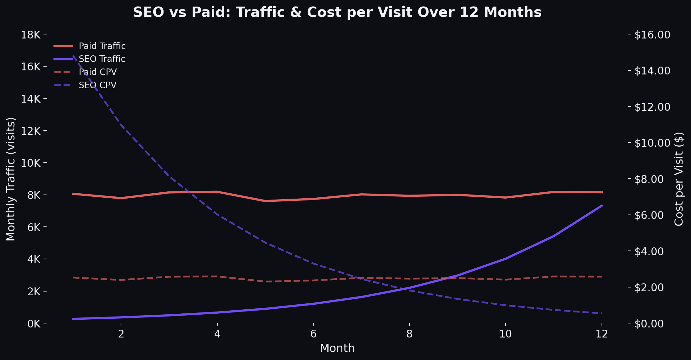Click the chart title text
point(337,13)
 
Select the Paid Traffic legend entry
point(102,46)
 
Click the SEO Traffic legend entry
point(102,59)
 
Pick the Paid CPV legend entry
point(98,72)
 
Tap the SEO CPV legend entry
point(98,85)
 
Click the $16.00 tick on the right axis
point(652,35)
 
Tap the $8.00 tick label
point(649,179)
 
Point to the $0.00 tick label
point(649,323)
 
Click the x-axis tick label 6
point(313,334)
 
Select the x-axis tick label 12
point(602,334)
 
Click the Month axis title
point(337,348)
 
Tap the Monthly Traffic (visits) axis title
point(11,179)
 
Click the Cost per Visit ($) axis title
point(679,179)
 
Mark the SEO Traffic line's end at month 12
point(602,205)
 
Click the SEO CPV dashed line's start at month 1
point(73,56)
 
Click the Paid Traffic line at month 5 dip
point(265,201)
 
